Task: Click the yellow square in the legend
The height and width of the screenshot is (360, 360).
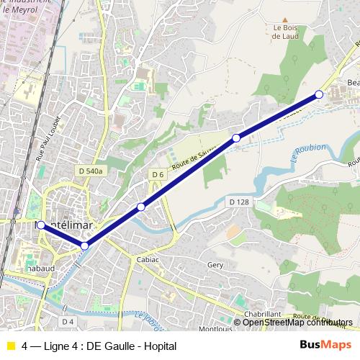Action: pyautogui.click(x=10, y=346)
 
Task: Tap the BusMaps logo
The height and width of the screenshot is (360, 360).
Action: pyautogui.click(x=325, y=346)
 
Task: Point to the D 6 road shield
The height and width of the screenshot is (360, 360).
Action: pyautogui.click(x=158, y=174)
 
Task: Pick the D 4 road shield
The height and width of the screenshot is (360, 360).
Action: pyautogui.click(x=68, y=321)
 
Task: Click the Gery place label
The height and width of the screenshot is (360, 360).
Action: pyautogui.click(x=215, y=265)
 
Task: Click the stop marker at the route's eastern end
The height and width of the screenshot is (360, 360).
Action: pyautogui.click(x=319, y=94)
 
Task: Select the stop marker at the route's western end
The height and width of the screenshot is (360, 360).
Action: pyautogui.click(x=41, y=225)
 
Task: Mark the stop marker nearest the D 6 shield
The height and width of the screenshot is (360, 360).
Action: pyautogui.click(x=141, y=207)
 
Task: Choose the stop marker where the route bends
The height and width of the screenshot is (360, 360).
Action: pyautogui.click(x=85, y=246)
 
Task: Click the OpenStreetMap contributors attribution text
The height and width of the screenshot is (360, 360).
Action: pyautogui.click(x=297, y=322)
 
